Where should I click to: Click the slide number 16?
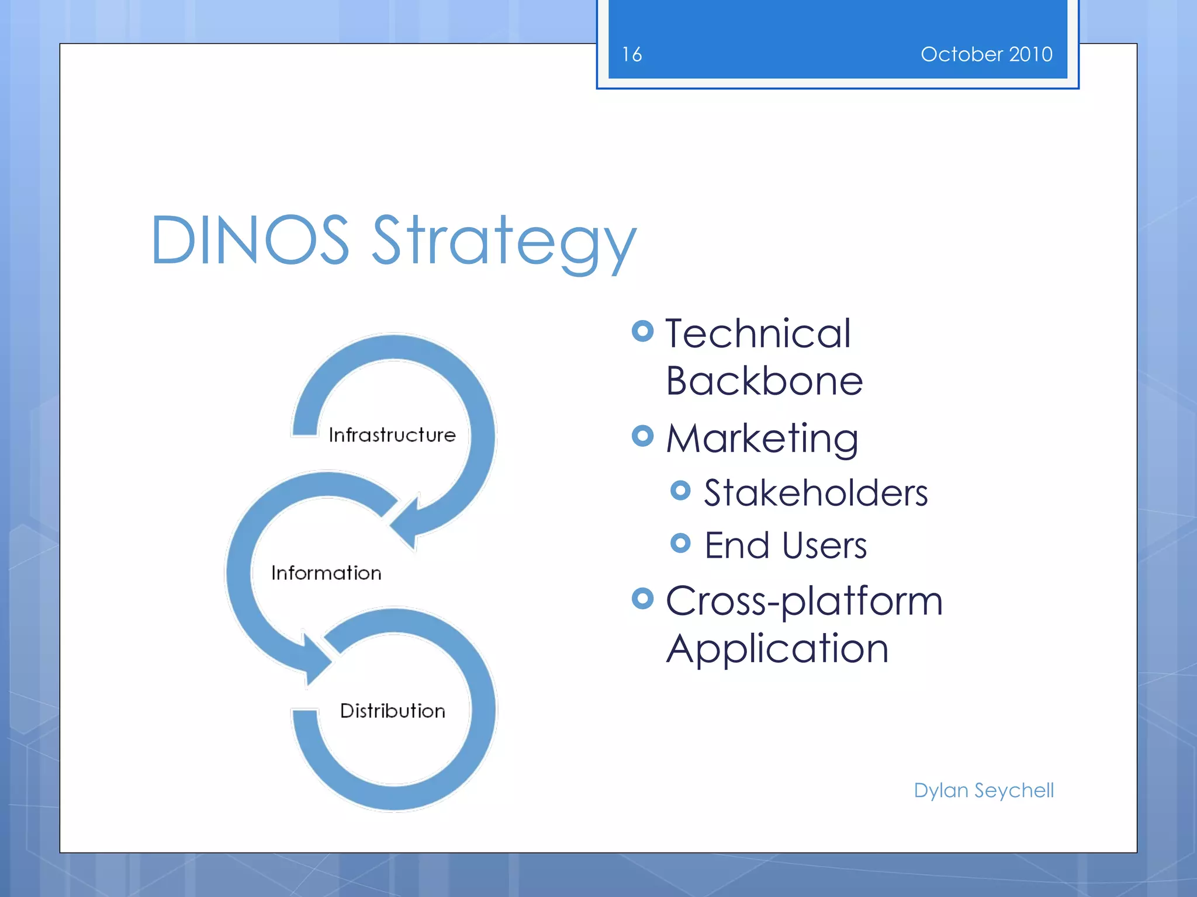pyautogui.click(x=632, y=54)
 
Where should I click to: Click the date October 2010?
pyautogui.click(x=986, y=54)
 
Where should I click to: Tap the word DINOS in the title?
pyautogui.click(x=250, y=240)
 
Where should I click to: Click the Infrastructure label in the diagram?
pyautogui.click(x=392, y=435)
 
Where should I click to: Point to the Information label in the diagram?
pyautogui.click(x=326, y=573)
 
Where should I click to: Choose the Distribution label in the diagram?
pyautogui.click(x=392, y=711)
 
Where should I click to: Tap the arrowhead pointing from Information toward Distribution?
pyautogui.click(x=316, y=660)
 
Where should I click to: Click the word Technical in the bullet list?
pyautogui.click(x=757, y=333)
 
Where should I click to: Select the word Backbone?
pyautogui.click(x=764, y=381)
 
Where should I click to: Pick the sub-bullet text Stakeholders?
pyautogui.click(x=815, y=492)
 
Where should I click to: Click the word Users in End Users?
pyautogui.click(x=824, y=545)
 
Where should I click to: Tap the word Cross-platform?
pyautogui.click(x=804, y=601)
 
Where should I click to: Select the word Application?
pyautogui.click(x=777, y=649)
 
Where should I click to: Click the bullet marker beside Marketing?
pyautogui.click(x=642, y=436)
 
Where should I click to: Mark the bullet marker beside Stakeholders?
pyautogui.click(x=680, y=490)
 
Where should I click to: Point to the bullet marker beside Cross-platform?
pyautogui.click(x=642, y=598)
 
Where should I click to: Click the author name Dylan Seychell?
pyautogui.click(x=984, y=790)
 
